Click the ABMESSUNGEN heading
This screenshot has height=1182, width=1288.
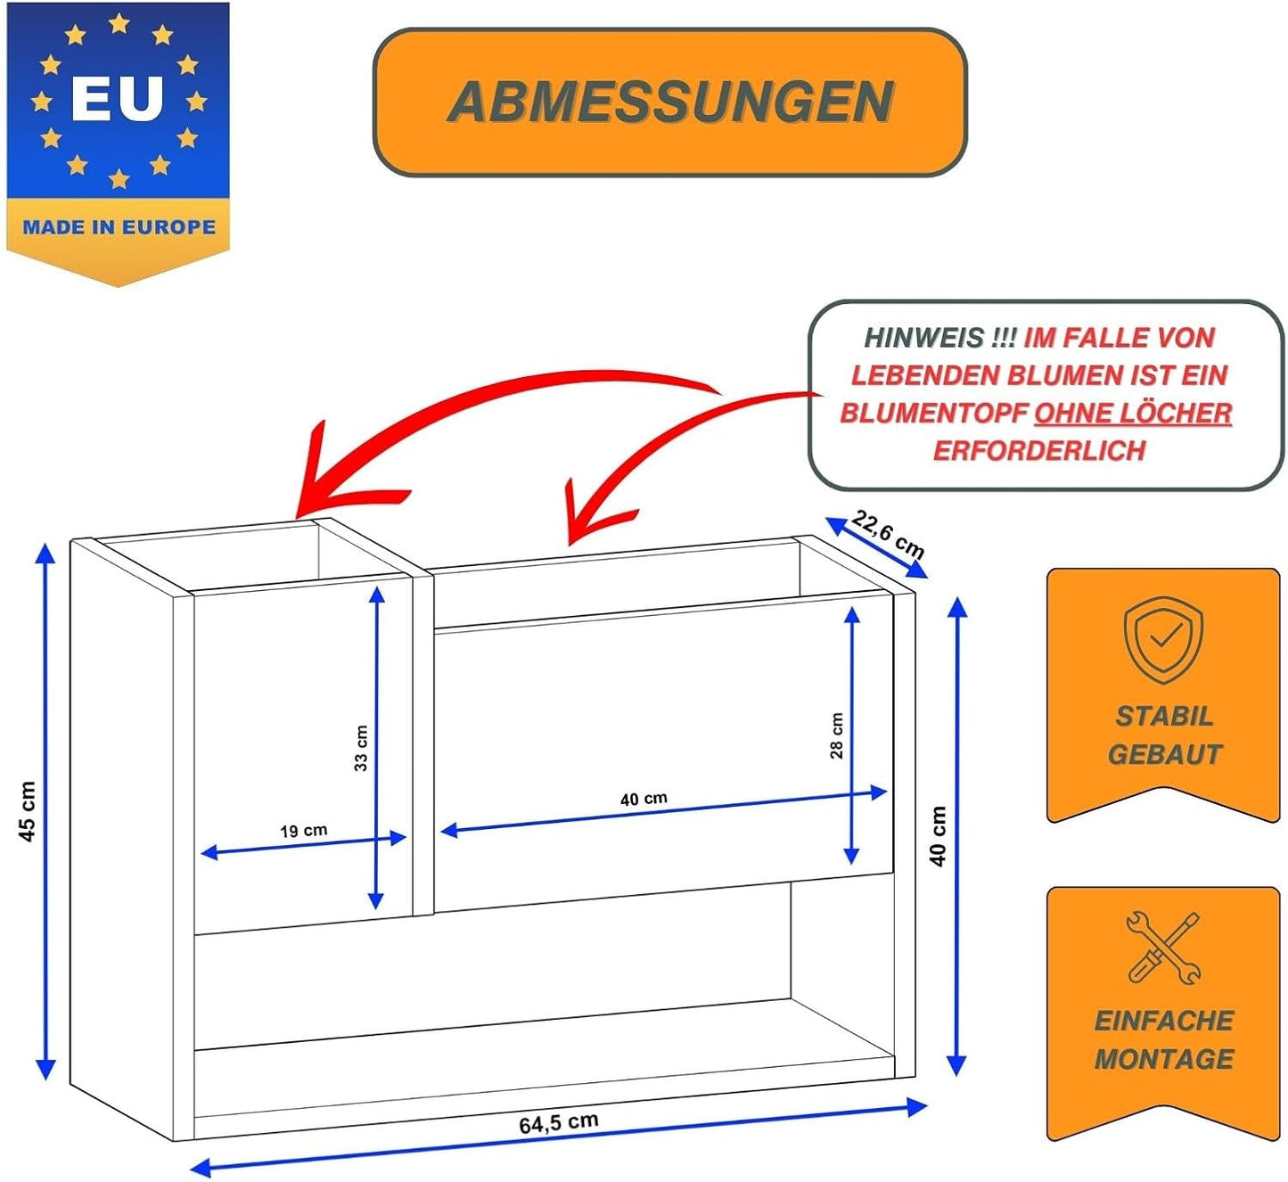pos(670,102)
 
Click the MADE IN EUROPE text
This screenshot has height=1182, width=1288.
pos(119,226)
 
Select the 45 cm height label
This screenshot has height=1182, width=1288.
pos(27,811)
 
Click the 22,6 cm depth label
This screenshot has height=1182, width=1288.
pos(888,534)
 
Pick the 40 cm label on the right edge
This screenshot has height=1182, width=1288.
pos(938,836)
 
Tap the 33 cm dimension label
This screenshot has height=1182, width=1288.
pos(361,748)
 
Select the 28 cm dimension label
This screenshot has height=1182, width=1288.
pos(836,735)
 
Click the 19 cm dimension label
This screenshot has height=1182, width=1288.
pos(304,831)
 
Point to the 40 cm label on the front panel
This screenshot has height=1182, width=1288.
pos(644,799)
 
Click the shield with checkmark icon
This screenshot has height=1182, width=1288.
pos(1163,639)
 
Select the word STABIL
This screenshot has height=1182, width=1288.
pos(1164,717)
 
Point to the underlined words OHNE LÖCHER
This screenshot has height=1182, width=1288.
pos(1133,413)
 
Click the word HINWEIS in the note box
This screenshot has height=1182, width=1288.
pos(923,337)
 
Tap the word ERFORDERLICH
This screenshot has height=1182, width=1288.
pos(1039,450)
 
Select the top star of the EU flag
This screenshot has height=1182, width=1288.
pos(119,24)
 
